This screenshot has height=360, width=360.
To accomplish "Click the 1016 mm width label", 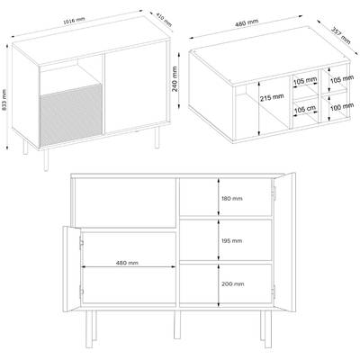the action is click(x=74, y=21).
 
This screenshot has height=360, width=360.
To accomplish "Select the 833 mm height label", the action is click(x=4, y=100).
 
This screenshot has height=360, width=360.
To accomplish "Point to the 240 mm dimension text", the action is click(x=175, y=79).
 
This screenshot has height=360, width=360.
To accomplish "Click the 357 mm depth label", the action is click(x=340, y=36).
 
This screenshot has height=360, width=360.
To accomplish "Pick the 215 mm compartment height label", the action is click(x=272, y=97).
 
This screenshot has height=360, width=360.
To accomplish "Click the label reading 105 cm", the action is click(x=305, y=109).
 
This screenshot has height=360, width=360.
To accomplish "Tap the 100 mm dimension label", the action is click(x=342, y=106).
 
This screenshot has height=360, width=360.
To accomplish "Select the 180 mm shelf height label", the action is click(x=232, y=199).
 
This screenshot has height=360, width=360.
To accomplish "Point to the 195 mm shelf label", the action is click(x=232, y=241).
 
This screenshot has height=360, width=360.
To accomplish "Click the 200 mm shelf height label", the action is click(x=233, y=283).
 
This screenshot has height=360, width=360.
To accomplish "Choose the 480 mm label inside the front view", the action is click(x=127, y=263).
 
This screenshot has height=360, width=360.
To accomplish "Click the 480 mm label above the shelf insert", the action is click(x=247, y=22).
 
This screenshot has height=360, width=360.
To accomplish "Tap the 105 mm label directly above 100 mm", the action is click(x=342, y=80).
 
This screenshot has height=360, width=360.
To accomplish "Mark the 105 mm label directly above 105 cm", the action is click(x=305, y=81).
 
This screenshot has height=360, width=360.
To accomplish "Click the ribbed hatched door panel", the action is click(x=71, y=115).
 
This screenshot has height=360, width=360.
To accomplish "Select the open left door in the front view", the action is click(x=71, y=269).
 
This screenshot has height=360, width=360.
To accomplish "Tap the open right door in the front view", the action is click(x=284, y=241).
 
